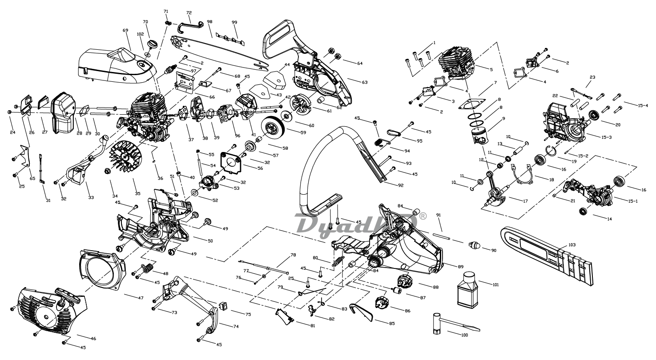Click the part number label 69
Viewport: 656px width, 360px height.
pyautogui.click(x=125, y=30)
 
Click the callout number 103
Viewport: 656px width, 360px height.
pyautogui.click(x=571, y=245)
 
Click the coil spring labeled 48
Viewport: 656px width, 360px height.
pyautogui.click(x=148, y=268)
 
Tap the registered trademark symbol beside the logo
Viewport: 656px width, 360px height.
pyautogui.click(x=423, y=216)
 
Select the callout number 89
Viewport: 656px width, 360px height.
pyautogui.click(x=461, y=266)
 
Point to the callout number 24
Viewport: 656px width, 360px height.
pyautogui.click(x=12, y=132)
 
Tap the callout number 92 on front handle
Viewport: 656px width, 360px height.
pyautogui.click(x=401, y=185)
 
